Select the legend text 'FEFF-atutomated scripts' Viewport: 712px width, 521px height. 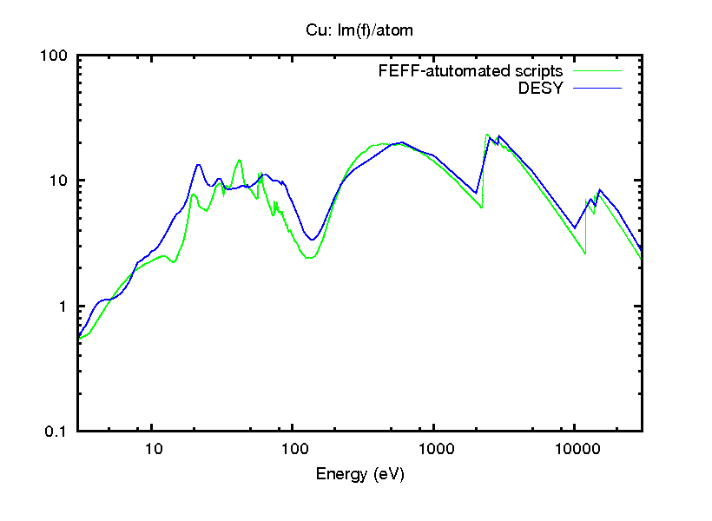point(471,70)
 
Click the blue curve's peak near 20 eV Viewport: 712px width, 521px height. point(198,164)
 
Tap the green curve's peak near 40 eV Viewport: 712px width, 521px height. point(239,160)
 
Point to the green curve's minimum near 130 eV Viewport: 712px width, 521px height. point(310,258)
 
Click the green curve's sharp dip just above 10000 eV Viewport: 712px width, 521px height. point(585,253)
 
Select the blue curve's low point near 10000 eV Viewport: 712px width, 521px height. point(575,228)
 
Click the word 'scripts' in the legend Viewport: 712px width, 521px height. point(540,70)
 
